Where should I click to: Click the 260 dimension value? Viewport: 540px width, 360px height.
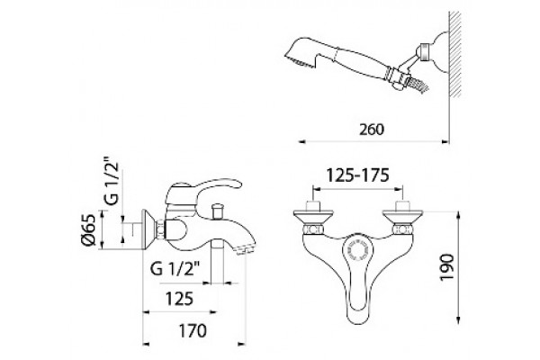pos(371,130)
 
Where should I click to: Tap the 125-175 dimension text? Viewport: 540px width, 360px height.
pos(357,175)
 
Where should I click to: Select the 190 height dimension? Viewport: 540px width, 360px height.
pos(447,267)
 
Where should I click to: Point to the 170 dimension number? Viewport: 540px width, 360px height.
pos(193,331)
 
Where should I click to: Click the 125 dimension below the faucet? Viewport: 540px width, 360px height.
pos(179,299)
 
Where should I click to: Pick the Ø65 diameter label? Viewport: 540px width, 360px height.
pos(88,229)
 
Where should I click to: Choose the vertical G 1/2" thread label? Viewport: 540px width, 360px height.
pos(112,182)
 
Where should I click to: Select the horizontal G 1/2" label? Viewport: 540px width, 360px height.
pos(175,268)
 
